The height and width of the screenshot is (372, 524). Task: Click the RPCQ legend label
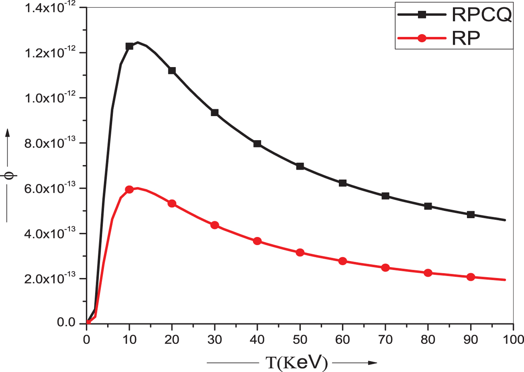(481, 15)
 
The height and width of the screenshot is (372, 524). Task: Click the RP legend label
(466, 38)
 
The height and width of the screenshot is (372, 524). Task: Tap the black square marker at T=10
(130, 46)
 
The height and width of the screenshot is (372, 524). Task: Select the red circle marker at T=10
(130, 190)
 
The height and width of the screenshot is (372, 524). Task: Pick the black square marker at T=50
(300, 166)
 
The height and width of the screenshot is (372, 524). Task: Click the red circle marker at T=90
(471, 277)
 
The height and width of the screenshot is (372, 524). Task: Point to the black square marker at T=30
(215, 113)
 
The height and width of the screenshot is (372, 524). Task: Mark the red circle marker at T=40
(258, 241)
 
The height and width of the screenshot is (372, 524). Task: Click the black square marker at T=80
(428, 206)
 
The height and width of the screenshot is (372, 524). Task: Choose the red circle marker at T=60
(343, 261)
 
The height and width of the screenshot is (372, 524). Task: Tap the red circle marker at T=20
(172, 203)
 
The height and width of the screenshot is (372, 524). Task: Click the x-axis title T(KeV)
(296, 363)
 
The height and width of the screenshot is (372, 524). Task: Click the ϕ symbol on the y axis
(10, 175)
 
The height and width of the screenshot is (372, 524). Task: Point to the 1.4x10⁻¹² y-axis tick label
(50, 7)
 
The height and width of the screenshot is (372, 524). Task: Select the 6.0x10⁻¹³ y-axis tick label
(50, 188)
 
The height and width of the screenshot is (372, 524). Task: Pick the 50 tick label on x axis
(300, 340)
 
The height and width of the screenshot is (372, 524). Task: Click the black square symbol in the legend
(422, 15)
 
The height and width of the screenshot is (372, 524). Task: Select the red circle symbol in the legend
(422, 38)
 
